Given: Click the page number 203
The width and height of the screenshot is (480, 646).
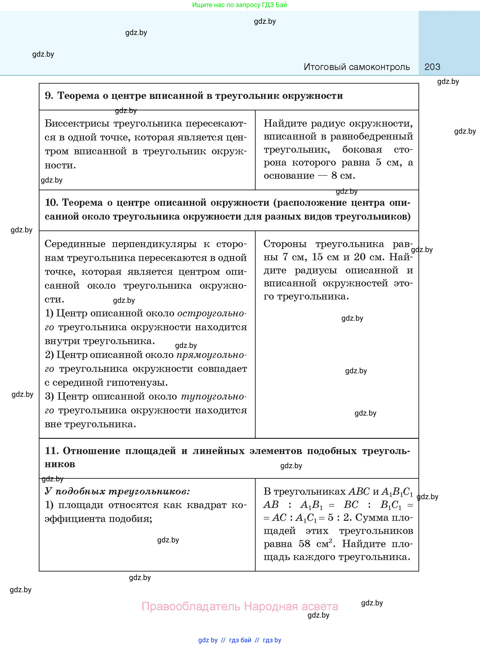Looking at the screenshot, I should coord(432,67).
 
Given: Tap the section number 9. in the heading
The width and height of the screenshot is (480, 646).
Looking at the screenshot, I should coord(49,96).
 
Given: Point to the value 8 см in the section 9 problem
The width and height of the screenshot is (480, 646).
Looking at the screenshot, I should coord(343,175).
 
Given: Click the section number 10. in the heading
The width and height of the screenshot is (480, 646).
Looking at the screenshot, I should coord(51,202).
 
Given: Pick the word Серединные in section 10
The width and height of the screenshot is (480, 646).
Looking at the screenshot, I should coord(75,244).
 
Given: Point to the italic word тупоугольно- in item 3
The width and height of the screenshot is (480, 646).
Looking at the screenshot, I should coord(214,397).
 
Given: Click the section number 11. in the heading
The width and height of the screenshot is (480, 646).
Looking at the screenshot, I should coord(51,451).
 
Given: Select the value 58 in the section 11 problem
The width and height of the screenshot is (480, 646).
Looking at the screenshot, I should coord(304,544).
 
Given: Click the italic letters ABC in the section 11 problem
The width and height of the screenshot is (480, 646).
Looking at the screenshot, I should coord(359,491).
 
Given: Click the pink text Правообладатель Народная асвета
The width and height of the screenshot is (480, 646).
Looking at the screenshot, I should coord(240,606).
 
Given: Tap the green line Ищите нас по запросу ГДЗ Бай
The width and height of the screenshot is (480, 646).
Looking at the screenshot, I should coord(239,5).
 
